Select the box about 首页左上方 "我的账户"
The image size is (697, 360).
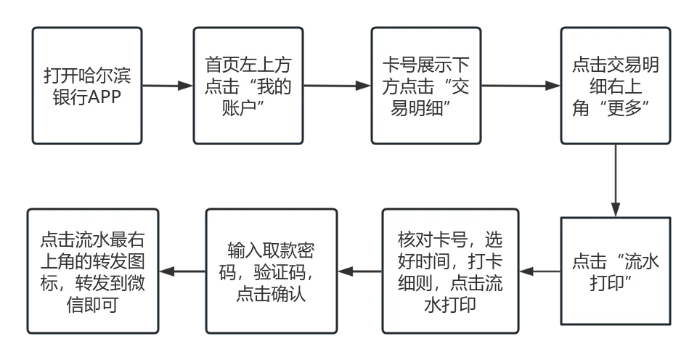(248, 86)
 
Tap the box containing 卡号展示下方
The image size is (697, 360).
(426, 86)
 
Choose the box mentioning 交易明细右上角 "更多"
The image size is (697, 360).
(614, 86)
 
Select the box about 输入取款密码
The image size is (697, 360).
(270, 271)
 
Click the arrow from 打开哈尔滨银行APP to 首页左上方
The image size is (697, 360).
(167, 87)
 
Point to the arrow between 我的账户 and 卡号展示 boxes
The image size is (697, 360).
(337, 87)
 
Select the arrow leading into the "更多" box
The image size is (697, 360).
(519, 87)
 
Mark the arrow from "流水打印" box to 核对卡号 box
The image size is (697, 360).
(540, 271)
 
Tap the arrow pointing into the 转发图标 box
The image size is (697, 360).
(181, 271)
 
